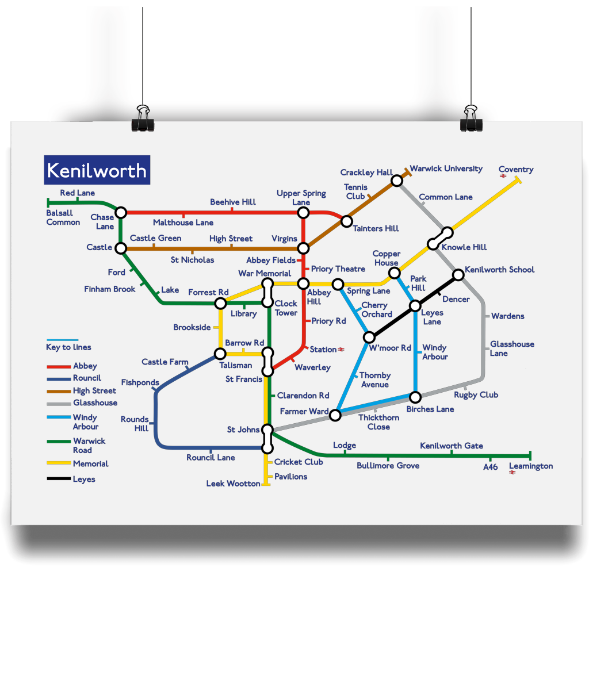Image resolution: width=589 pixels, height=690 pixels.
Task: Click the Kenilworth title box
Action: click(x=97, y=170)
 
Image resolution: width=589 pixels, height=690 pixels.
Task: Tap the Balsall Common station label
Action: click(x=63, y=217)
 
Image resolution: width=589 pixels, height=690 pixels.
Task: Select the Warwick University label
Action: click(x=446, y=168)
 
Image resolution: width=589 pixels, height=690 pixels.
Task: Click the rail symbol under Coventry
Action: click(x=503, y=177)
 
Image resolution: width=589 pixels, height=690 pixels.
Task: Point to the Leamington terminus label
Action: click(x=530, y=466)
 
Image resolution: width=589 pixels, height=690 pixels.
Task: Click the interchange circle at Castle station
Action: click(x=121, y=248)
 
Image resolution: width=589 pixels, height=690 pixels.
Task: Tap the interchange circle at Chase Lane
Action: click(x=121, y=213)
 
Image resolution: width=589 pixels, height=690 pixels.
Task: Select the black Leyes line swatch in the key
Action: click(x=59, y=478)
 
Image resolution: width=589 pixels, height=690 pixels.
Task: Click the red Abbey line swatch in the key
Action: click(x=59, y=366)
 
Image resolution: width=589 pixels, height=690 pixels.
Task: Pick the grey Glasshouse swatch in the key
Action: click(x=59, y=403)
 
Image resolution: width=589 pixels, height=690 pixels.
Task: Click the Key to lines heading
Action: click(x=68, y=347)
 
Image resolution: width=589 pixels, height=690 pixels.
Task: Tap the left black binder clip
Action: click(x=142, y=119)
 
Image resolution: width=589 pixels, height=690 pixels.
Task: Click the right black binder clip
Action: click(x=471, y=119)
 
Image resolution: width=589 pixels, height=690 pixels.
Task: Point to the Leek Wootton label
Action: click(x=233, y=484)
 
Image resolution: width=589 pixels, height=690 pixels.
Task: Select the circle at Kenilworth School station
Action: click(x=458, y=275)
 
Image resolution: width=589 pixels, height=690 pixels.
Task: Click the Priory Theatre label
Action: click(x=338, y=269)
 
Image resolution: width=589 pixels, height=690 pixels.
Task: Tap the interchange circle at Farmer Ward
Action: click(x=335, y=415)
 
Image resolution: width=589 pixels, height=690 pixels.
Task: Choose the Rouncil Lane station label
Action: click(x=211, y=458)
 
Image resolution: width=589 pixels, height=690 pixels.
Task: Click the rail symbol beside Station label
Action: click(x=342, y=349)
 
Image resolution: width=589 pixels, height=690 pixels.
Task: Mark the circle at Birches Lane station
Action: click(x=415, y=397)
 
